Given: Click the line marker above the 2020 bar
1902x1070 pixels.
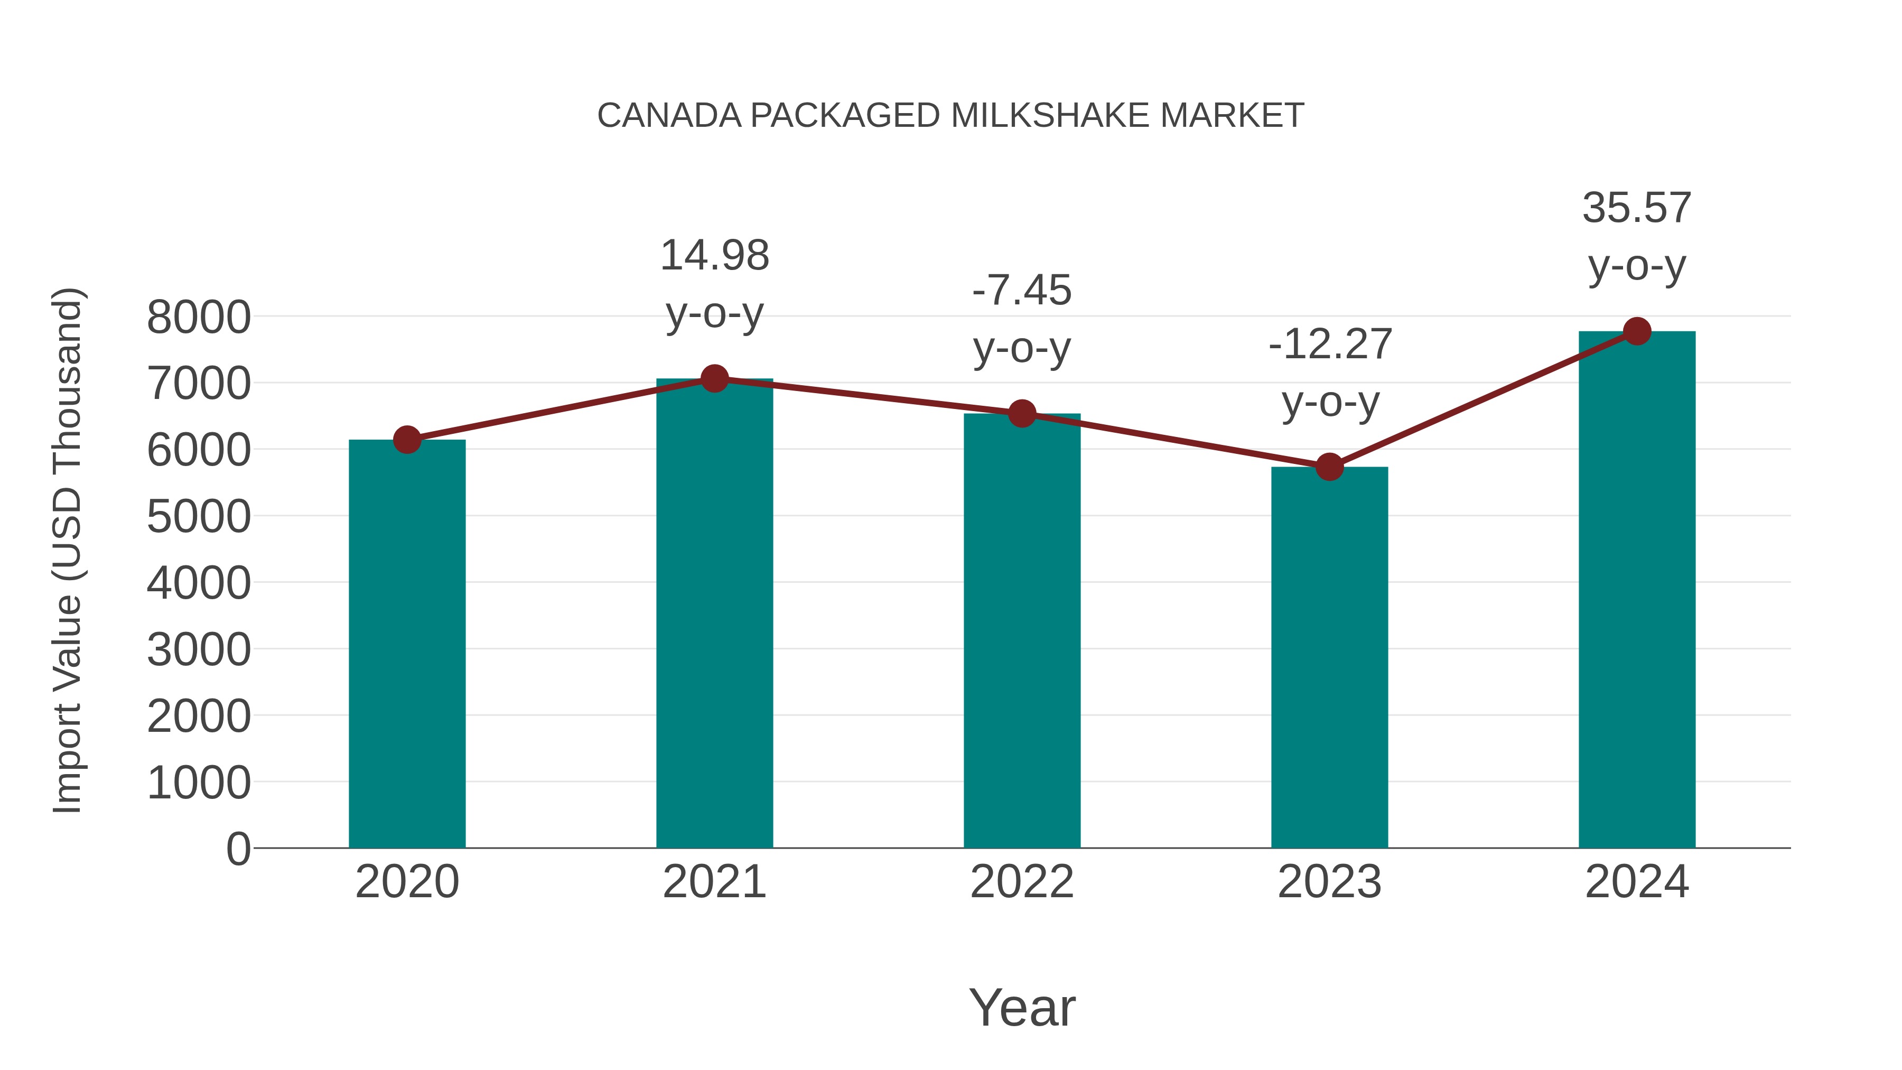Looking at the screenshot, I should coord(407,440).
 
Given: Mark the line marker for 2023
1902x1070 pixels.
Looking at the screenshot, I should coord(1329,467).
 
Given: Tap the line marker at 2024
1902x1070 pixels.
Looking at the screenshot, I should coord(1637,331).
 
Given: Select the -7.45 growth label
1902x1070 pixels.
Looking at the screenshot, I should coord(1022,290).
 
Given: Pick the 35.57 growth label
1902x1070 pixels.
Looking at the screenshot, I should coord(1636,208).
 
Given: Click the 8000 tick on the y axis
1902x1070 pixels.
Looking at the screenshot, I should coord(199,318).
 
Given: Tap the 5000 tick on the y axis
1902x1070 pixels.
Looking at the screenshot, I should coord(199,517).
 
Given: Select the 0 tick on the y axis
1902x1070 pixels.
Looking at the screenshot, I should coord(238,849).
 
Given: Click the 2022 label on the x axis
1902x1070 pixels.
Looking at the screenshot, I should coord(1022,882).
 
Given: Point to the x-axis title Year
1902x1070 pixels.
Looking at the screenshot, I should coord(1022,1007).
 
